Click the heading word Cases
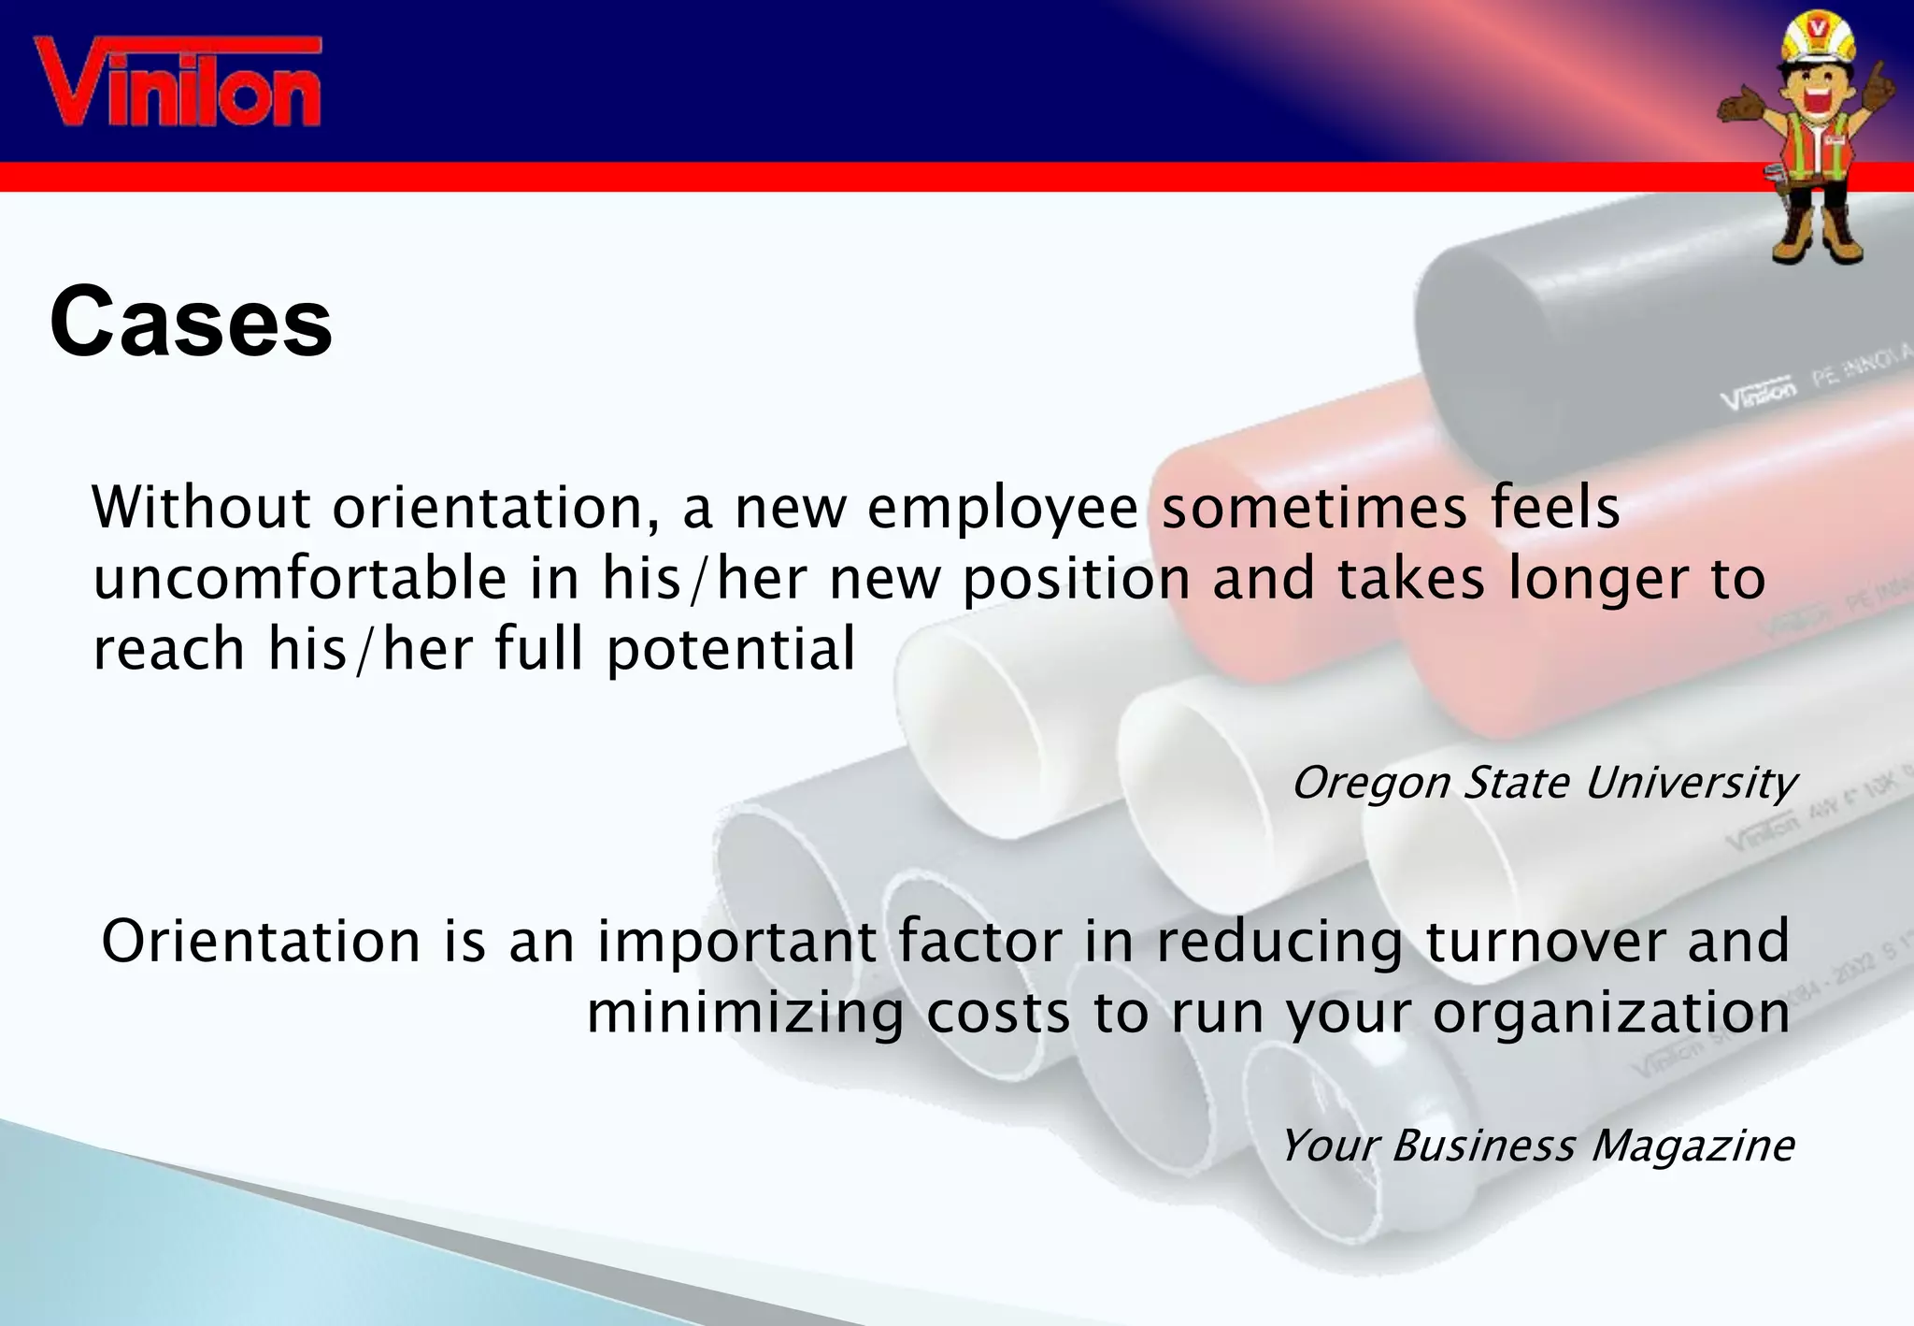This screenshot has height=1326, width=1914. [x=191, y=323]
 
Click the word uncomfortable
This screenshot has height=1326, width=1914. [x=299, y=579]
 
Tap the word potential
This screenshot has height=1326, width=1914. [x=731, y=650]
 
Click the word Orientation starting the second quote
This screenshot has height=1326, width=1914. [x=261, y=941]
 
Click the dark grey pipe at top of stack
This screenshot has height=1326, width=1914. [x=1589, y=337]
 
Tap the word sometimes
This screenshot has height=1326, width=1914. [x=1313, y=508]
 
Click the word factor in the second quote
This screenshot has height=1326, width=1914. [x=979, y=941]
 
